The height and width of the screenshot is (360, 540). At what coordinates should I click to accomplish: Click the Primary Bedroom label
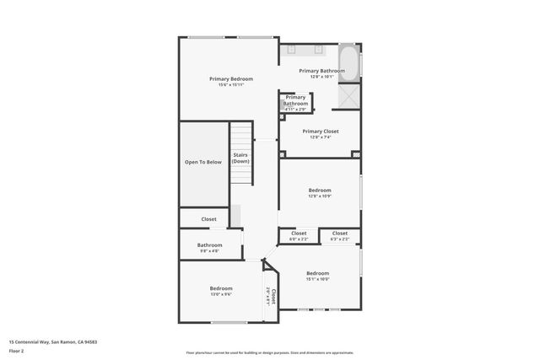[x=231, y=78]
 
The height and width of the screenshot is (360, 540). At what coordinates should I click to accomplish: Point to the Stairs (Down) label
[x=240, y=158]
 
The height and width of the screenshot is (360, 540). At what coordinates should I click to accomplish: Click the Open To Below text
[x=203, y=162]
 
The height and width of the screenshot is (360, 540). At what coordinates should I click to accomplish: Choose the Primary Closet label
[x=321, y=132]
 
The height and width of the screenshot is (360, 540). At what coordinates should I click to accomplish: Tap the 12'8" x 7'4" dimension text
[x=321, y=137]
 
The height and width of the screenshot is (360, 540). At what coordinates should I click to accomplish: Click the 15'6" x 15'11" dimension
[x=231, y=84]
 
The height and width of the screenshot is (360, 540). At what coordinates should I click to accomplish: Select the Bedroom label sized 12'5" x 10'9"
[x=320, y=191]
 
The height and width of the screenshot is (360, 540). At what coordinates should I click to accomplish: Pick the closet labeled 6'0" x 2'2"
[x=299, y=234]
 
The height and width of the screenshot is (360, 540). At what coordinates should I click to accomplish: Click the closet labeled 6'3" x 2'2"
[x=340, y=234]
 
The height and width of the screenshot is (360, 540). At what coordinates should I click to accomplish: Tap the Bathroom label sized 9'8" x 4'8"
[x=209, y=245]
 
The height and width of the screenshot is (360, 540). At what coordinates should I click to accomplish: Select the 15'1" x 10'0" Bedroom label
[x=318, y=273]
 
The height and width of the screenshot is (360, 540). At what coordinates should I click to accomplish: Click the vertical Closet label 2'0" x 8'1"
[x=271, y=296]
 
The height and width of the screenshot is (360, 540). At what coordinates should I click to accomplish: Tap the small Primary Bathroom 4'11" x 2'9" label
[x=295, y=100]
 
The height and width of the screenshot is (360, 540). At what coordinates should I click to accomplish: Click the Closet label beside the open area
[x=208, y=219]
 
